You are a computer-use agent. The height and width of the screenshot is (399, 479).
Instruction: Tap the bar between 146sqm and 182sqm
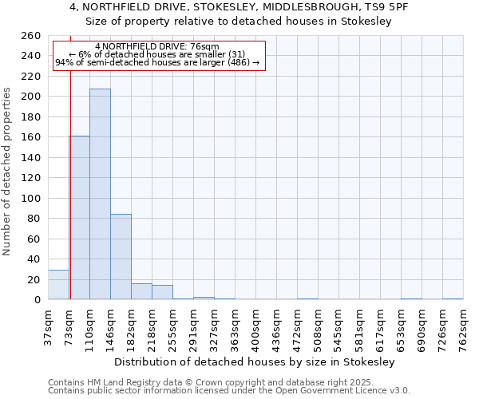121,256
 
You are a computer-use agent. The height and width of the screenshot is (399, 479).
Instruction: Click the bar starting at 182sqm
141,291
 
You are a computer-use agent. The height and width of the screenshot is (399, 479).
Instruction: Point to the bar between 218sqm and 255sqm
162,292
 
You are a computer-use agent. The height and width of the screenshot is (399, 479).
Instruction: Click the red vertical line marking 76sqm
70,184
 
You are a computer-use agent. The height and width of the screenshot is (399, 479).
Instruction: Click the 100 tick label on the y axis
31,198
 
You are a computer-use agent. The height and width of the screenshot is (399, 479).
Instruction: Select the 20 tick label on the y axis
34,279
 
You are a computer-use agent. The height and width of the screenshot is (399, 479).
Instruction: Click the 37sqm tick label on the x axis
48,326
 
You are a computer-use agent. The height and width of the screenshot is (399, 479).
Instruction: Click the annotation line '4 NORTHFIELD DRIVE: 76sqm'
156,47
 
